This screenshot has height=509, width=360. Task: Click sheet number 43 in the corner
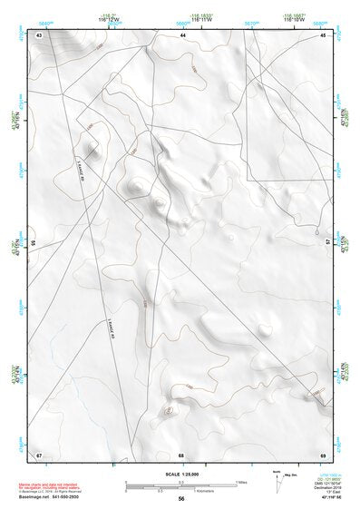coord(39,34)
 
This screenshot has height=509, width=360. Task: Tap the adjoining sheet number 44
coord(182,34)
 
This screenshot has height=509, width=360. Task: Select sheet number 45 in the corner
coord(324,34)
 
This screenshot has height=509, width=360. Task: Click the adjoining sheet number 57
coord(327,243)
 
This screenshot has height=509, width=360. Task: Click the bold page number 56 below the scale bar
coord(181,498)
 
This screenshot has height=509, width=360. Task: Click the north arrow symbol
coord(276,477)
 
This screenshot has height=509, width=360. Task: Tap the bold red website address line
coord(51,498)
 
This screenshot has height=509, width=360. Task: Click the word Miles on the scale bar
coord(241,482)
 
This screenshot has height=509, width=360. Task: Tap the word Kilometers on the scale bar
coord(221,491)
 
